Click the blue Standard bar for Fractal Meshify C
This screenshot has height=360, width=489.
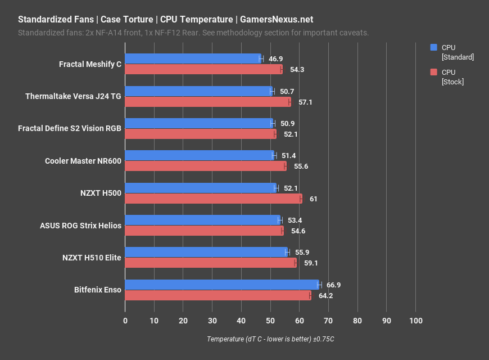pos(193,58)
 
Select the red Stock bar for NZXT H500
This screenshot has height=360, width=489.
pos(214,199)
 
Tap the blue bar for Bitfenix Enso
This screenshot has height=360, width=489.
pos(222,285)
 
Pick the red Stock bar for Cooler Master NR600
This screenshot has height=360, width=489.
pos(206,166)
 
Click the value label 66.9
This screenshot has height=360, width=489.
pos(333,285)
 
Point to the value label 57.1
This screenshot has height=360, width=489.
pos(305,102)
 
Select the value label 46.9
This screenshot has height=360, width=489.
pos(275,59)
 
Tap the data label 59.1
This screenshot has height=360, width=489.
pos(311,263)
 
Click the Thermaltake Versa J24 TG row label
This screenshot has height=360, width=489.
pos(73,96)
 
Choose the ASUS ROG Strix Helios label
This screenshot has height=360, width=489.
pos(80,226)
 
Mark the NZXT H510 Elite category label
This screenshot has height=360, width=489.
pos(92,258)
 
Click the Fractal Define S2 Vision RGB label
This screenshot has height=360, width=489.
pos(70,128)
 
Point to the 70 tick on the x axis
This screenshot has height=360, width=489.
pos(328,321)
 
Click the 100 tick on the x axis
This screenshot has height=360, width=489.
pos(415,321)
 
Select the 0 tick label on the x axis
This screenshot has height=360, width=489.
pos(125,321)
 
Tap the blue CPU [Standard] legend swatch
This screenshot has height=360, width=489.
pos(433,48)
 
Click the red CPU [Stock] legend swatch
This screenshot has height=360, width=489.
pos(433,72)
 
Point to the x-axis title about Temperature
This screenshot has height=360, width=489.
pos(270,339)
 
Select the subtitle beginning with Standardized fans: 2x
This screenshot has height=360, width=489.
pos(193,33)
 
